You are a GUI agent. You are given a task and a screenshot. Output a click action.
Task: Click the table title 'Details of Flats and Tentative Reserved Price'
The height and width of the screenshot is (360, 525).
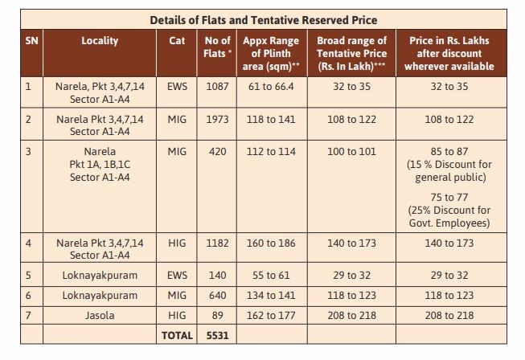[x=263, y=19]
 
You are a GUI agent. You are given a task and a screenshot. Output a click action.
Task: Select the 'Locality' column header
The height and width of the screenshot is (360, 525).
[x=100, y=40]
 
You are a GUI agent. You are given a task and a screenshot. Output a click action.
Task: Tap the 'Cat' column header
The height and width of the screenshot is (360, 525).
[x=177, y=40]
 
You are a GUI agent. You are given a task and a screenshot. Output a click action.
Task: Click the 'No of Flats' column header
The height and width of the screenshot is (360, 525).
[x=217, y=47]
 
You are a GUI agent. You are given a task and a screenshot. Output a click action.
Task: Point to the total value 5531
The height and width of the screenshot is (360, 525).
[x=217, y=335]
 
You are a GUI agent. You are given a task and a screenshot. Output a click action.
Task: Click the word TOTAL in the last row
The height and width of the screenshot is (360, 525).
[x=177, y=335]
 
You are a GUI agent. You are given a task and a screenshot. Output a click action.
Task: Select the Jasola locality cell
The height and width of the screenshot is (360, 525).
[x=100, y=316]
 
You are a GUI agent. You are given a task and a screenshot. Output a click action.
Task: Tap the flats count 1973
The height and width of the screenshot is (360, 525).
[x=217, y=120]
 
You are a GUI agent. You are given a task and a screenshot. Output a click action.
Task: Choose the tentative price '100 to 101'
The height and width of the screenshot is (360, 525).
[x=352, y=151]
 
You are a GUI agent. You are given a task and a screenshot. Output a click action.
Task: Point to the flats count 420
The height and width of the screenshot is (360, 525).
[x=217, y=151]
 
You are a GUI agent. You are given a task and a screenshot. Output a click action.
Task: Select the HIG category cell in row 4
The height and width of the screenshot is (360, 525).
[x=177, y=242]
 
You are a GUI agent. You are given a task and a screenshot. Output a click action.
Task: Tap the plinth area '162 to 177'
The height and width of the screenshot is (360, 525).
[x=270, y=316]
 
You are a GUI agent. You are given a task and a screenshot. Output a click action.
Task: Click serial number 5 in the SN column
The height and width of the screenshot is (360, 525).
[x=30, y=275]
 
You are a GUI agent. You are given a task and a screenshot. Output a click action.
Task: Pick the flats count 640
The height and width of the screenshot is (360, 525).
[x=217, y=296]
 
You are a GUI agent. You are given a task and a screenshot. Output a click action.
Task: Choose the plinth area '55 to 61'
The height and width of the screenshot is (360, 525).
[x=270, y=275]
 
